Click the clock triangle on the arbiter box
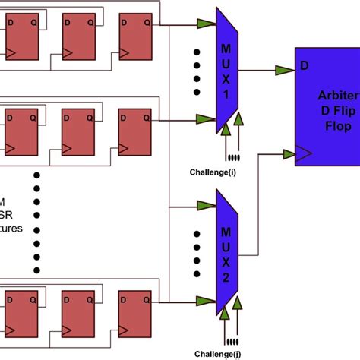coord(302,155)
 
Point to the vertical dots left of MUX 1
coord(197,72)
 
